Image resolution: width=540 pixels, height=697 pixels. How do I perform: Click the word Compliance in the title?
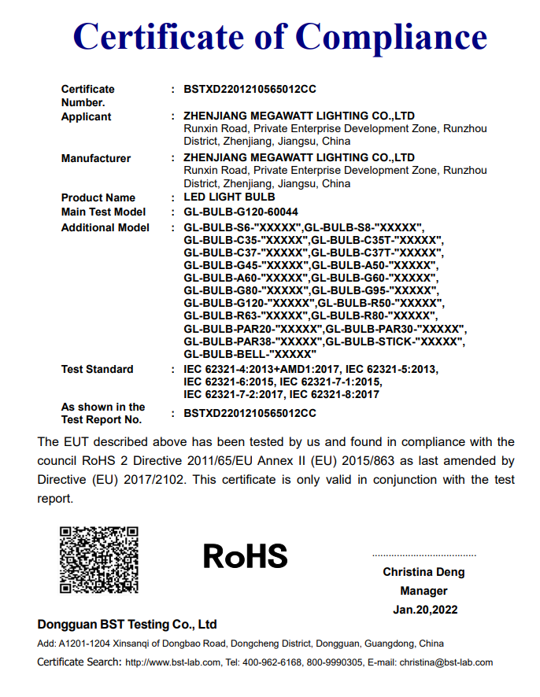[x=390, y=37]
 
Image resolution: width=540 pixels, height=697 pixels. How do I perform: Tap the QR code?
[x=99, y=559]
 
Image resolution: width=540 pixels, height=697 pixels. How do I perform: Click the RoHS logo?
[x=246, y=556]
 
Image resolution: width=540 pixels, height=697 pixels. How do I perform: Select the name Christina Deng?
[x=423, y=572]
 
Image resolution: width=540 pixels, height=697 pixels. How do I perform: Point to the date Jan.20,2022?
[x=425, y=610]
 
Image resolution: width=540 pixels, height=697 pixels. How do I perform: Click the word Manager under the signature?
[x=423, y=591]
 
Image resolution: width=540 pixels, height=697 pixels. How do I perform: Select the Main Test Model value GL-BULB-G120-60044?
[x=241, y=212]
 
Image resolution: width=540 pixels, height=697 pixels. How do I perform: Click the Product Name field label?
[x=98, y=197]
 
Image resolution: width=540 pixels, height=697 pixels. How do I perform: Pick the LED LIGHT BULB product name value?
[x=230, y=197]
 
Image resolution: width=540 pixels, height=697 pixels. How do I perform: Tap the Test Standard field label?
[x=98, y=370]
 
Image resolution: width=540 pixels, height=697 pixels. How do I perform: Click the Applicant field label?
[x=87, y=117]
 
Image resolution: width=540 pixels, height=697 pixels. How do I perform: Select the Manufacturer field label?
[x=96, y=159]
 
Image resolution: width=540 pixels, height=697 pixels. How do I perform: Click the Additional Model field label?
[x=105, y=228]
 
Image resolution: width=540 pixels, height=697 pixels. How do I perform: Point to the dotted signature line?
[x=423, y=555]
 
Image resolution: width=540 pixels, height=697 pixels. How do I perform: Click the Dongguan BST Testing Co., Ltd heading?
[x=127, y=625]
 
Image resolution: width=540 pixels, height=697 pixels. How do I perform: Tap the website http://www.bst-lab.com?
[x=173, y=662]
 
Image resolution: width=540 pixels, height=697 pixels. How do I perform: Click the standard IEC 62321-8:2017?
[x=336, y=395]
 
